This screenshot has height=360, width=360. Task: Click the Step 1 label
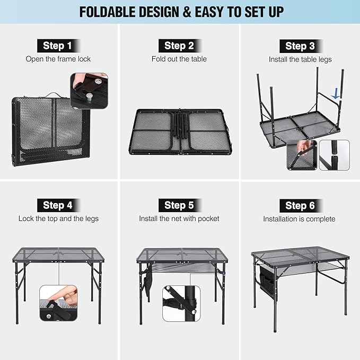[58, 46]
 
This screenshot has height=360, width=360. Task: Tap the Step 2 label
[179, 46]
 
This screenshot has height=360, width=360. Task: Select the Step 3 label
[300, 46]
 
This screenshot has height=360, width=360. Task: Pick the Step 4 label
[58, 205]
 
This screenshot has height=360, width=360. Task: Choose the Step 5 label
[179, 205]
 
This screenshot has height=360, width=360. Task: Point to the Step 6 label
[300, 205]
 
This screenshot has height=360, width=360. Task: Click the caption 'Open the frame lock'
[58, 59]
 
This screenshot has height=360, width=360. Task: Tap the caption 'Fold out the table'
[179, 59]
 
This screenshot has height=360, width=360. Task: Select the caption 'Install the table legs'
[300, 59]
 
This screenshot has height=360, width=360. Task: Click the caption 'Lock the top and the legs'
[58, 218]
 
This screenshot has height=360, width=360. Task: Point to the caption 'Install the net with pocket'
[179, 218]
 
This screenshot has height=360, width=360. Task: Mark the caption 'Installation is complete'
[300, 218]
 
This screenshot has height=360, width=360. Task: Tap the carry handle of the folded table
[51, 95]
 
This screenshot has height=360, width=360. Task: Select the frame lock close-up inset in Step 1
[89, 91]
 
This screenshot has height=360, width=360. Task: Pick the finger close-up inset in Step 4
[58, 304]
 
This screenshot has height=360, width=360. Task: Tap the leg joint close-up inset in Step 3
[334, 155]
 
